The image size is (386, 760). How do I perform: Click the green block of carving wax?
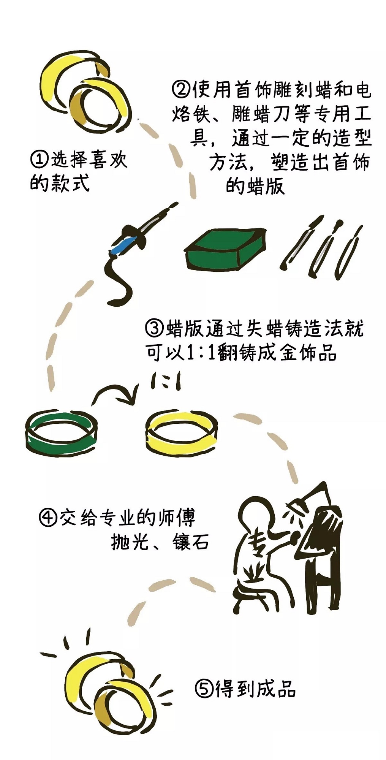[225, 249]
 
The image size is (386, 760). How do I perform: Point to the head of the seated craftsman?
[258, 512]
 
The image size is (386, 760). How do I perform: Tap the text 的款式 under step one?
[60, 183]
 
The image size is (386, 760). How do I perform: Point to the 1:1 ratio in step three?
[201, 353]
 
